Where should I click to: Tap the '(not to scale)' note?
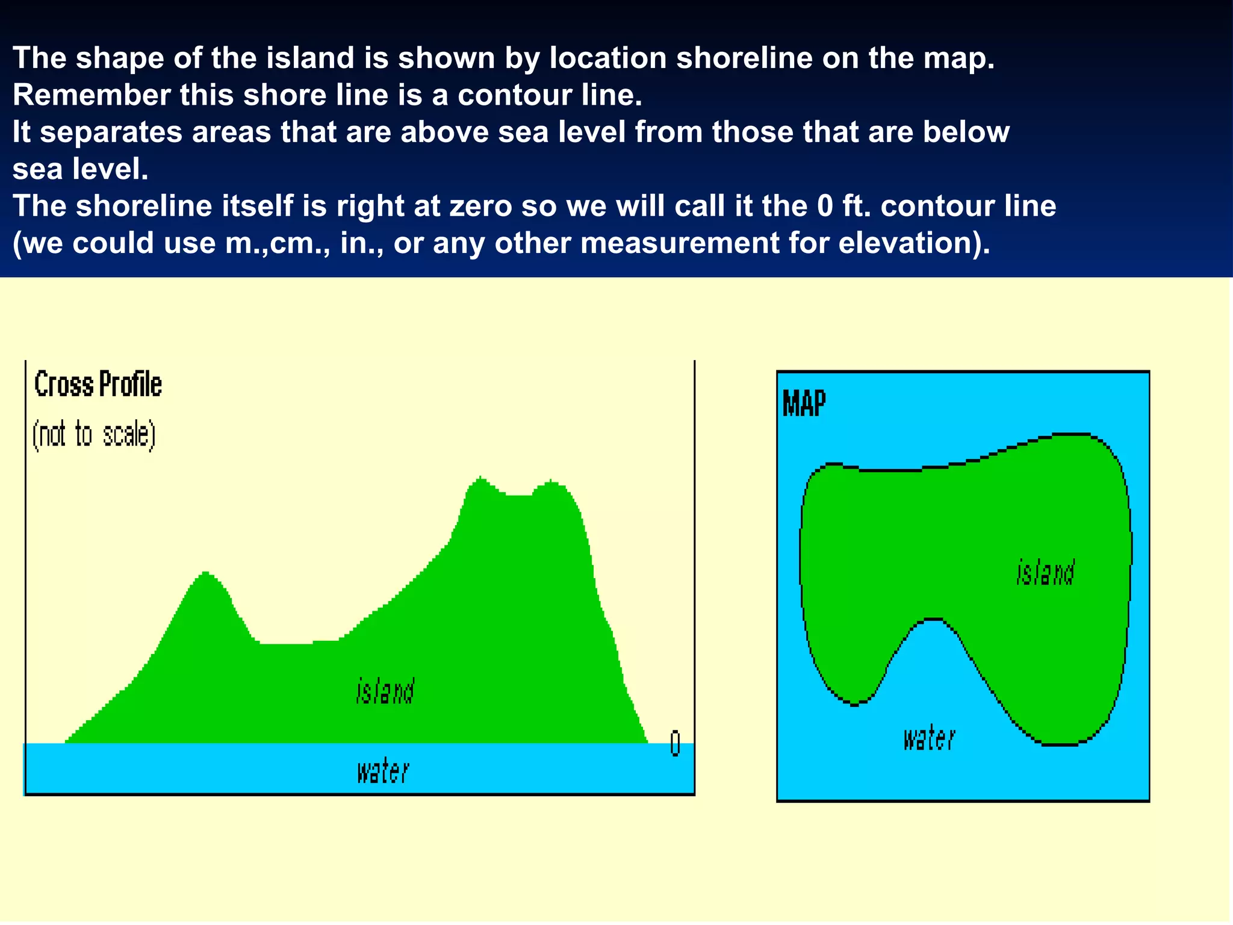(94, 435)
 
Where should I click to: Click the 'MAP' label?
(804, 403)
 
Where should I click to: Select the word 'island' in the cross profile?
(385, 691)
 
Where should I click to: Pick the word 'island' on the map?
(1045, 572)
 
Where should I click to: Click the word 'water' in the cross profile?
(383, 771)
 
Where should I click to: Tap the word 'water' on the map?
(929, 738)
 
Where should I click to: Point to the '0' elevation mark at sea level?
(675, 743)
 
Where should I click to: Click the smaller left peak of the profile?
(205, 574)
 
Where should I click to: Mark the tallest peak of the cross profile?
(480, 479)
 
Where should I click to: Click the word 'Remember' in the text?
(90, 95)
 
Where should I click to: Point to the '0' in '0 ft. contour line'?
(825, 206)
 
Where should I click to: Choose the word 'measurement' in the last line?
(680, 243)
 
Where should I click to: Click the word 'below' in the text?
(966, 132)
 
